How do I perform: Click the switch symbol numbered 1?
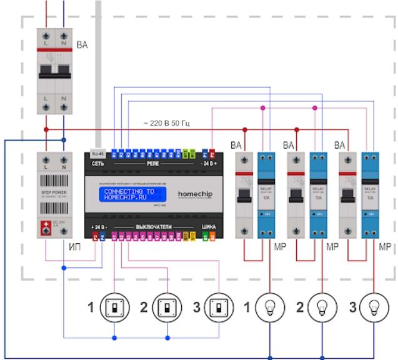(x=114, y=307)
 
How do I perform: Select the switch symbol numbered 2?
(x=167, y=307)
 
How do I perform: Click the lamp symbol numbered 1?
(x=269, y=307)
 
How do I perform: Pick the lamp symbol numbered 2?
(x=322, y=307)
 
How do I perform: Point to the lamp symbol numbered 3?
(x=374, y=307)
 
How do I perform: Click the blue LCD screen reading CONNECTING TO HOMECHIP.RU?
(x=129, y=194)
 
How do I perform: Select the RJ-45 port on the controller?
(x=97, y=152)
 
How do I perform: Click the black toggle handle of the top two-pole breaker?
(x=55, y=69)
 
